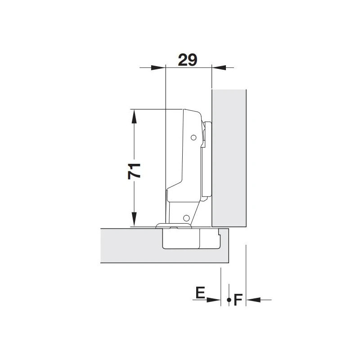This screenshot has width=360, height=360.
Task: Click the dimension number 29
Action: click(x=188, y=60)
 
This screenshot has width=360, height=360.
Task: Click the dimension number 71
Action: click(x=134, y=171)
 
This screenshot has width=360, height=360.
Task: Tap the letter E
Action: click(x=200, y=293)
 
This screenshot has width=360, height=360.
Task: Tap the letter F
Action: click(x=238, y=300)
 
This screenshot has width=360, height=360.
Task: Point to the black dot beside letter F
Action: click(x=229, y=300)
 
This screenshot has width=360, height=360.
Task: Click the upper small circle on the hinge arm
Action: click(x=193, y=138)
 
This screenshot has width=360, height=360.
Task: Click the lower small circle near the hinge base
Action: click(x=186, y=218)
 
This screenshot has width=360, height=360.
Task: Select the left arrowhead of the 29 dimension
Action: click(x=158, y=67)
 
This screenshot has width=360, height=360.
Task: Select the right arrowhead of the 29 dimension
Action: click(x=219, y=67)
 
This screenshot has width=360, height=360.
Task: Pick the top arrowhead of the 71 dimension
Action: click(x=134, y=117)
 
